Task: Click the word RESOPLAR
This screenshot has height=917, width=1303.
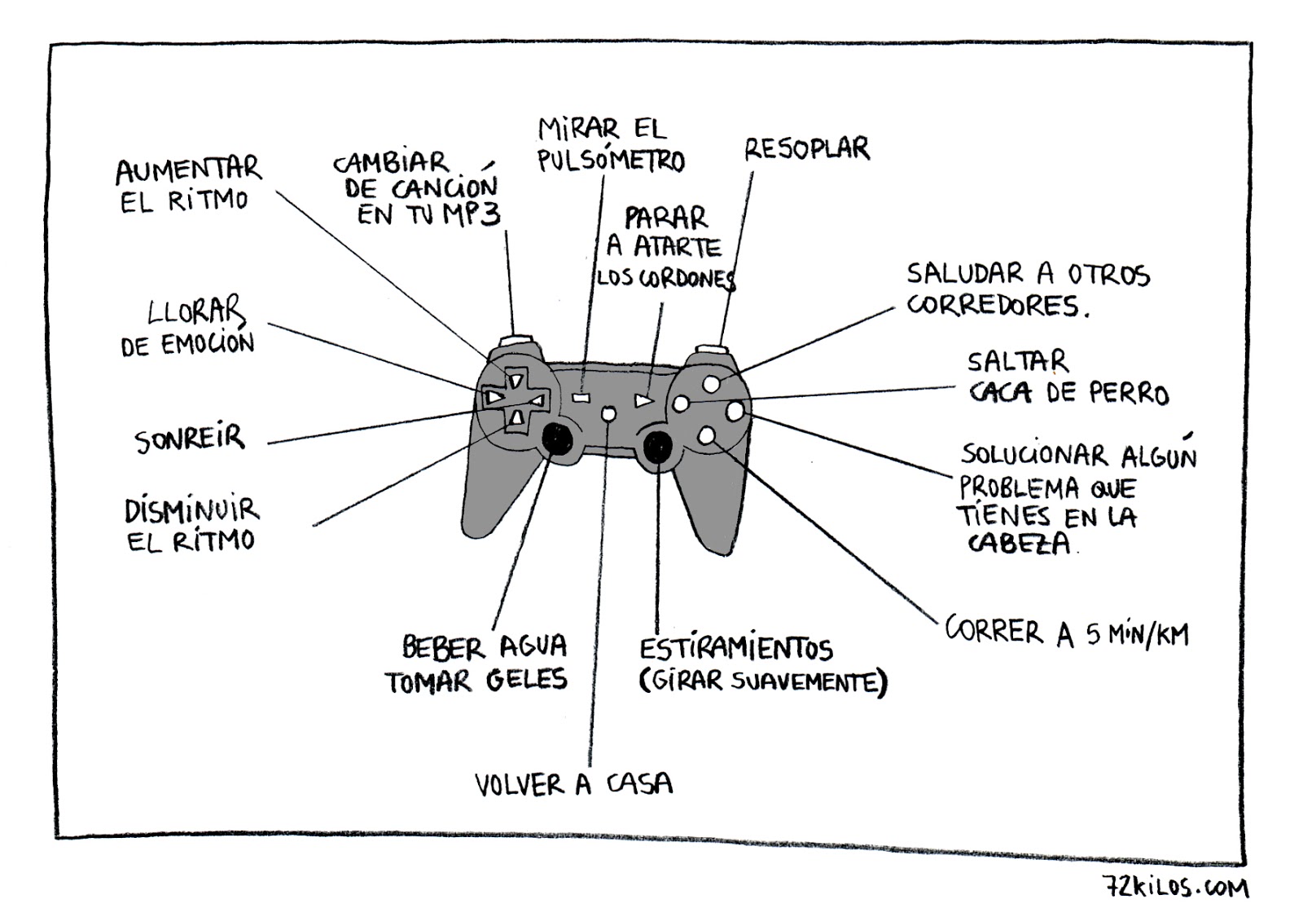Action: tap(806, 150)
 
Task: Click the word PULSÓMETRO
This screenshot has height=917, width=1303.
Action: tap(611, 161)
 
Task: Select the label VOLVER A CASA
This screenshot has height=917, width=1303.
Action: tap(574, 784)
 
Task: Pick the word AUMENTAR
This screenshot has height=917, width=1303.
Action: tap(188, 170)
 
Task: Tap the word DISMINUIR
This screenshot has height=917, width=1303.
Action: tap(191, 511)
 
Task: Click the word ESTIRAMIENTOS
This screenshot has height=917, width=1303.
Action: tap(735, 649)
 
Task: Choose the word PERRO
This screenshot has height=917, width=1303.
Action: tap(1128, 394)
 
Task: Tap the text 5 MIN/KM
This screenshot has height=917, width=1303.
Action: tap(1137, 634)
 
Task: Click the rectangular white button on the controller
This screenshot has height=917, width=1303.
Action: tap(581, 398)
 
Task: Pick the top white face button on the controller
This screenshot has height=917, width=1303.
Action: tap(711, 383)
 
